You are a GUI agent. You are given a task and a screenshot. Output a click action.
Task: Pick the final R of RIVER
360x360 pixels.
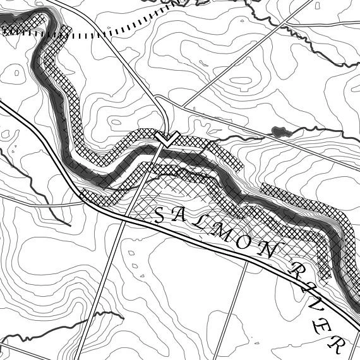pyautogui.click(x=336, y=344)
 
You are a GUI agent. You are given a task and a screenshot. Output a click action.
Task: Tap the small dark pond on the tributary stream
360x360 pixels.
pyautogui.click(x=279, y=131)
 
